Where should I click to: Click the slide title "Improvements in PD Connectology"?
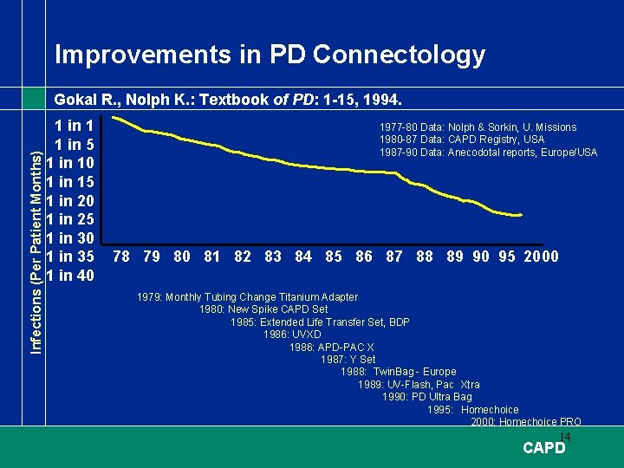coord(270,55)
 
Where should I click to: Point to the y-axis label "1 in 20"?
coord(75,200)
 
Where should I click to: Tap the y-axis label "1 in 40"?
coord(75,276)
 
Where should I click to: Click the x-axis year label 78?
coord(122,257)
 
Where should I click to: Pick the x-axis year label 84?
coord(303,257)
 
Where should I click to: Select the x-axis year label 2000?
coord(542,257)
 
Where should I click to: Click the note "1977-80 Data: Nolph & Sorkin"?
coord(478,127)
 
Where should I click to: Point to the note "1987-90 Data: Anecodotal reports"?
coord(488,153)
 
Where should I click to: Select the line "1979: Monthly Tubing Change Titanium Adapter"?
coord(247,297)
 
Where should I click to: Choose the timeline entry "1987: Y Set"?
coord(348,360)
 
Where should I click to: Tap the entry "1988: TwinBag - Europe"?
coord(398,372)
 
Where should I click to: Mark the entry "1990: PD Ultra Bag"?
coord(426,397)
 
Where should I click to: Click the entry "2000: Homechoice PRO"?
coord(526,422)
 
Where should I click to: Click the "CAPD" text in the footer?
coord(544,448)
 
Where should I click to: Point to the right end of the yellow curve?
coord(521,215)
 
